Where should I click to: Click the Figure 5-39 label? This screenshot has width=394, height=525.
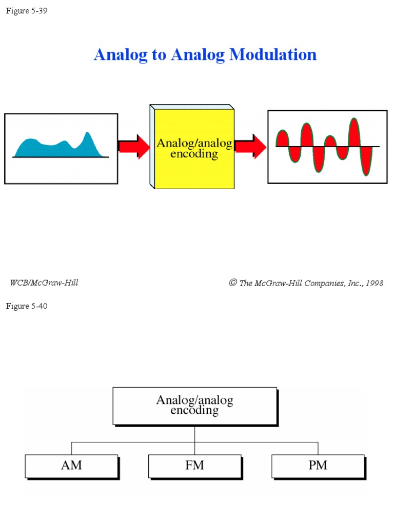tap(27, 11)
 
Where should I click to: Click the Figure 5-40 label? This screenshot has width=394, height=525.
tap(27, 306)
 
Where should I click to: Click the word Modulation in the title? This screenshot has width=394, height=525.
tap(273, 55)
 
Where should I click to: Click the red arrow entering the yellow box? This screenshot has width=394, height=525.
tap(134, 147)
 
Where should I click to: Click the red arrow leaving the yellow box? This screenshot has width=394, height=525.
tap(251, 147)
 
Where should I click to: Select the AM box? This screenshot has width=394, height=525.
tap(71, 466)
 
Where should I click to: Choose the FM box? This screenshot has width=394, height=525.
tap(194, 466)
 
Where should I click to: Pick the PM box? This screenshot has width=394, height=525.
tap(318, 466)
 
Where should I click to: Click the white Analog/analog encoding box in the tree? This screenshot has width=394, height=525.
tap(194, 405)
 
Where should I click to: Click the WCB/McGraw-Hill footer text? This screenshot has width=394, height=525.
tap(44, 282)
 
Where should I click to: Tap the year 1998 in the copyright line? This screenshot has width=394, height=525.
tap(374, 283)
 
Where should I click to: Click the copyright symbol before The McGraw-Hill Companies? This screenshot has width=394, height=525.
tap(233, 283)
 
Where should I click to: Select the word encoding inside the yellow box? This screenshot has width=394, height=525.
tap(194, 154)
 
